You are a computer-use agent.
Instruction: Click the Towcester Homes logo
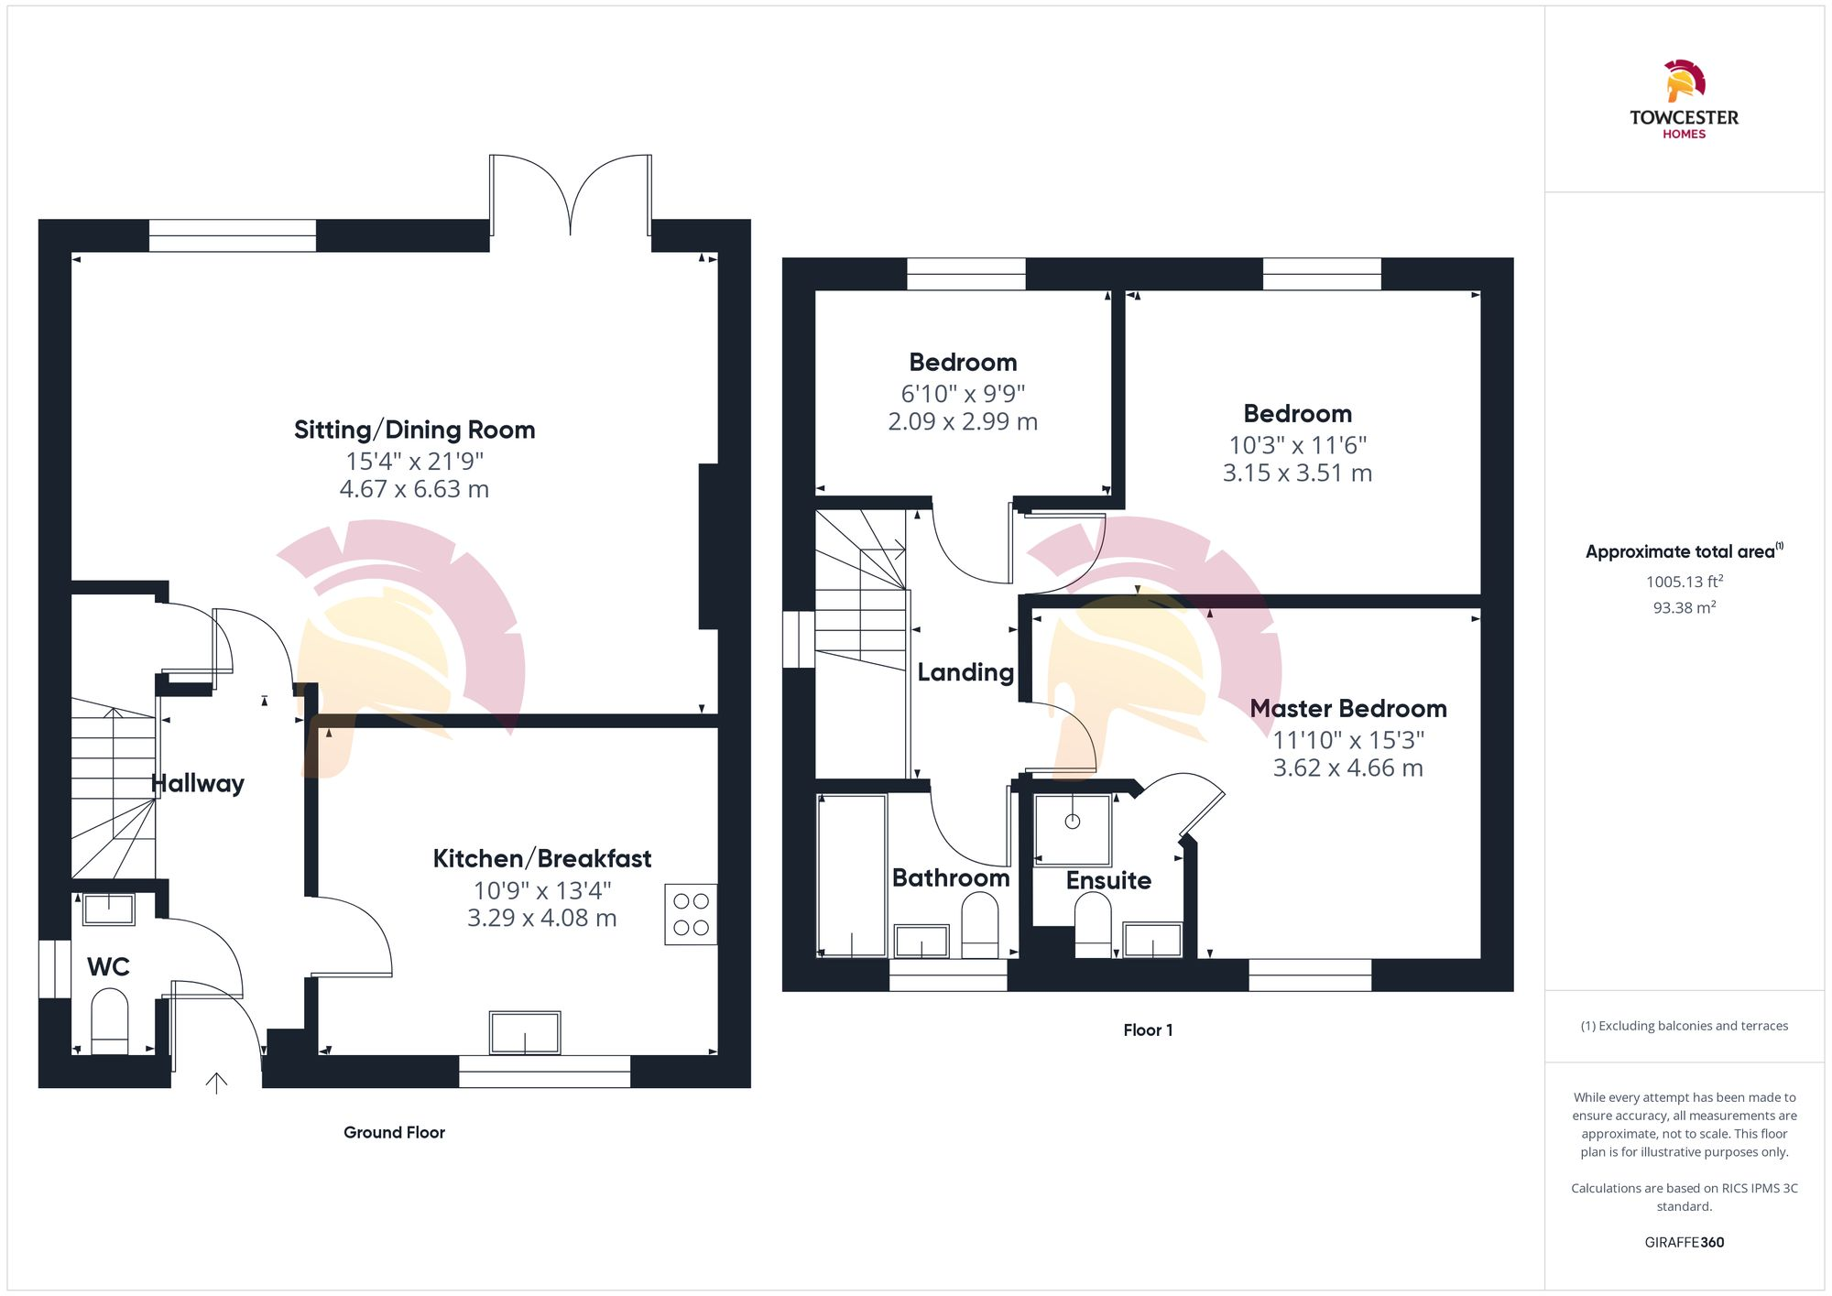point(1684,99)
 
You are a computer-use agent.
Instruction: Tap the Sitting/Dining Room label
point(414,430)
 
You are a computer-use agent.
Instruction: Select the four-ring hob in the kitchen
point(691,914)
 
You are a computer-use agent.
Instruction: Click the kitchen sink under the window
point(525,1033)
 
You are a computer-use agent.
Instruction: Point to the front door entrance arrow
point(216,1083)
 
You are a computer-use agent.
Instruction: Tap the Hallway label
point(198,783)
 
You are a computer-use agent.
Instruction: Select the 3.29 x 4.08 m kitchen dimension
point(541,918)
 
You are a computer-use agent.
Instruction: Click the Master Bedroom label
point(1347,708)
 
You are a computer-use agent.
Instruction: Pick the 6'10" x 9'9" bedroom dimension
point(963,393)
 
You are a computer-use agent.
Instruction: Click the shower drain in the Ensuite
point(1072,822)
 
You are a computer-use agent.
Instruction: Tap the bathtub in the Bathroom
point(852,876)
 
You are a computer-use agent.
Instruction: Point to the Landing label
point(965,672)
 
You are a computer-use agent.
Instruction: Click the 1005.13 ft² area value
point(1684,582)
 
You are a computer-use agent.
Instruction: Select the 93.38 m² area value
point(1684,607)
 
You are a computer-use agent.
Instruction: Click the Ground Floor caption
point(394,1132)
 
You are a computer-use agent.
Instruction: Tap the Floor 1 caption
point(1148,1029)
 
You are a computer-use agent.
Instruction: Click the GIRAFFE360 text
point(1684,1242)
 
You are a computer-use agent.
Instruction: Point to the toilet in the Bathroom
point(979,925)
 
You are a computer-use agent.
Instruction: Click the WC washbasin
point(109,909)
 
